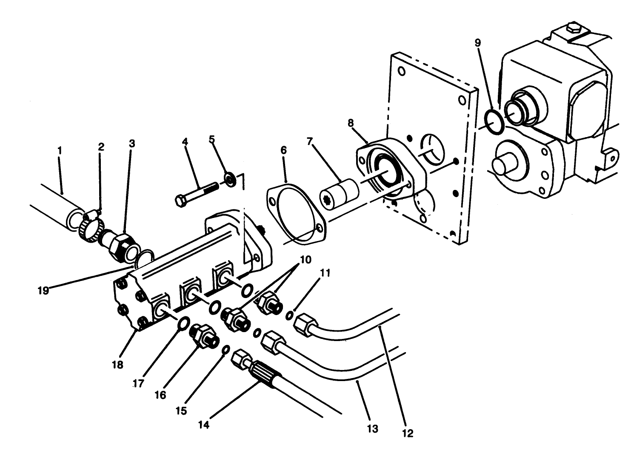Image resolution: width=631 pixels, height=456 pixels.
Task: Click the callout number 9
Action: tap(478, 43)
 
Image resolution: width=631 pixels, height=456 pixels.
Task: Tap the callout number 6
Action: tap(284, 150)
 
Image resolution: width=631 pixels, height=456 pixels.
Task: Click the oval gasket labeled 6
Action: tap(296, 215)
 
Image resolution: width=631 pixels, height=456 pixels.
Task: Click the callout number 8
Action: tap(351, 123)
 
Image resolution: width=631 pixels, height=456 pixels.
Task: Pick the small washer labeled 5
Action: tap(229, 179)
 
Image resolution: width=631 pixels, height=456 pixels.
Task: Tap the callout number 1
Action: tap(60, 150)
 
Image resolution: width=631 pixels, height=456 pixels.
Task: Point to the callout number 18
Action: tap(118, 365)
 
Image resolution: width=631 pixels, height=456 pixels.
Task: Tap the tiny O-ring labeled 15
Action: tap(226, 350)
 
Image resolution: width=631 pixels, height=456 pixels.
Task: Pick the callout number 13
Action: tap(372, 429)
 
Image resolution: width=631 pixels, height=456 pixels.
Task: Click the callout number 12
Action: tap(408, 433)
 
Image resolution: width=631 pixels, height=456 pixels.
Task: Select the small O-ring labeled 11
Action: tap(289, 315)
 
